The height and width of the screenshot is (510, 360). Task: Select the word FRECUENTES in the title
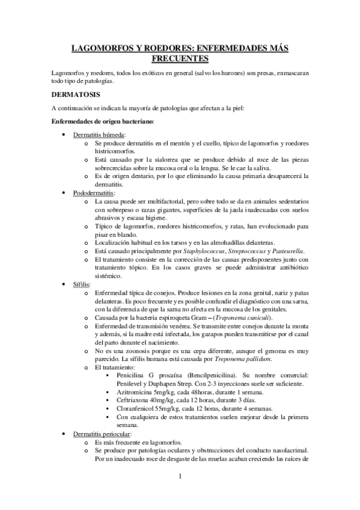[x=180, y=58]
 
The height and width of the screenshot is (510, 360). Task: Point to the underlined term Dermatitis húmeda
[x=95, y=135]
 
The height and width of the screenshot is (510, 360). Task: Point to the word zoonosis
[x=137, y=351]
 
